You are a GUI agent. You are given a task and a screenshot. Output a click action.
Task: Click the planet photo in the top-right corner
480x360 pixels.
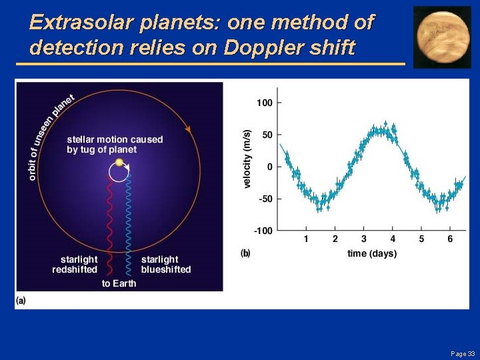pos(442,37)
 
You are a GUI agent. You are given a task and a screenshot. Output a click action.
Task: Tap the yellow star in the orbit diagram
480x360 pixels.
pos(119,162)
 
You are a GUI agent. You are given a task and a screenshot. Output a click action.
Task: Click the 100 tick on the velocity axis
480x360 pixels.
pos(265,103)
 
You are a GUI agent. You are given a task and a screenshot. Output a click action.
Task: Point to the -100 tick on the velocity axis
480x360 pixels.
pos(263,231)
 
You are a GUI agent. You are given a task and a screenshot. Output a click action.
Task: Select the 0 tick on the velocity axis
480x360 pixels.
pos(269,167)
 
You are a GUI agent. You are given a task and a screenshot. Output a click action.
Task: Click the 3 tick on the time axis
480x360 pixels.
pos(364,239)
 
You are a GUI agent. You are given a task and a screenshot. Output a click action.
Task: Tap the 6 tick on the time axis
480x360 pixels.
pos(450,239)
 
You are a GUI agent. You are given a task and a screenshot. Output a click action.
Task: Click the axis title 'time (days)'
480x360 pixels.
pos(371,253)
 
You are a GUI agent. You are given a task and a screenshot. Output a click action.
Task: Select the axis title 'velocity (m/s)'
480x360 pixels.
pos(247,159)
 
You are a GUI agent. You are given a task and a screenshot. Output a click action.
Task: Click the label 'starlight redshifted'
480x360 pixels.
pos(75,265)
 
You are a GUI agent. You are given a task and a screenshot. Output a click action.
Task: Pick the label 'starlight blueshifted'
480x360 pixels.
pos(165,265)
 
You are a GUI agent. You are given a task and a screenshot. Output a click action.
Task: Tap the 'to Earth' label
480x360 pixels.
pos(119,283)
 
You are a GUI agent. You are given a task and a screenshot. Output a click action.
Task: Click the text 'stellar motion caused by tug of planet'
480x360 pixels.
pos(114,145)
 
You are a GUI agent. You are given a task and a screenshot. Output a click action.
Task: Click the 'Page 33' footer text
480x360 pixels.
pos(463,353)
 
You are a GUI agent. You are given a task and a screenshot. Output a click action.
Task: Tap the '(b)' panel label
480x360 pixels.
pos(245,253)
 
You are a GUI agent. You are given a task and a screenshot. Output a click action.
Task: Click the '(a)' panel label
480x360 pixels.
pos(21,301)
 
